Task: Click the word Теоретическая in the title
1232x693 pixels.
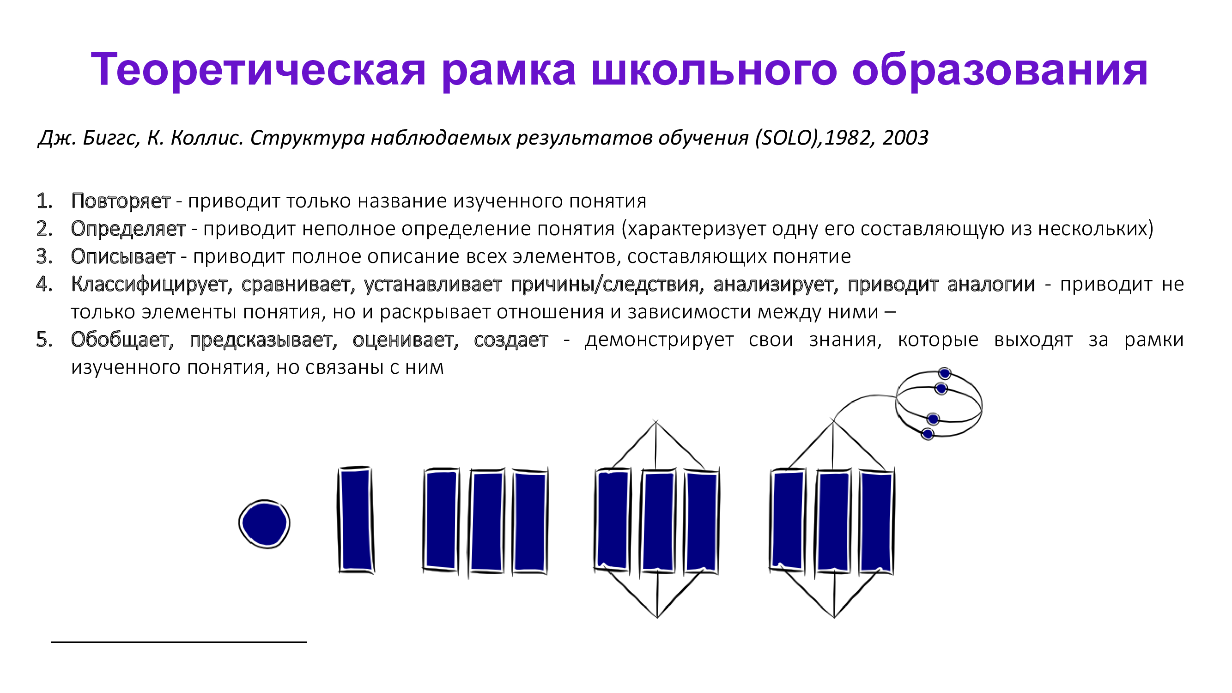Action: tap(258, 69)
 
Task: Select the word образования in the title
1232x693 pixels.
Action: tap(1000, 70)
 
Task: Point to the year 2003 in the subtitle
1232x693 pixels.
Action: tap(905, 138)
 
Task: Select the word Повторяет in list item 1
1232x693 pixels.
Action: tap(121, 201)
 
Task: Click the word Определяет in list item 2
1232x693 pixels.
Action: tap(128, 229)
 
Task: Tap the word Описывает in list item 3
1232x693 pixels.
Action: tap(123, 256)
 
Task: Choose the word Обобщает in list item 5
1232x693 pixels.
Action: tap(122, 340)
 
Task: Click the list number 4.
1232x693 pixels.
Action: tap(44, 284)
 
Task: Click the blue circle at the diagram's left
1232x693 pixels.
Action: tap(265, 524)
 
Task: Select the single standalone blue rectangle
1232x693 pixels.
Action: tap(356, 519)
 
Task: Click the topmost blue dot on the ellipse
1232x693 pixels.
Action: tap(944, 373)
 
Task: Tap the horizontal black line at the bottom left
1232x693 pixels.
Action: tap(178, 642)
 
